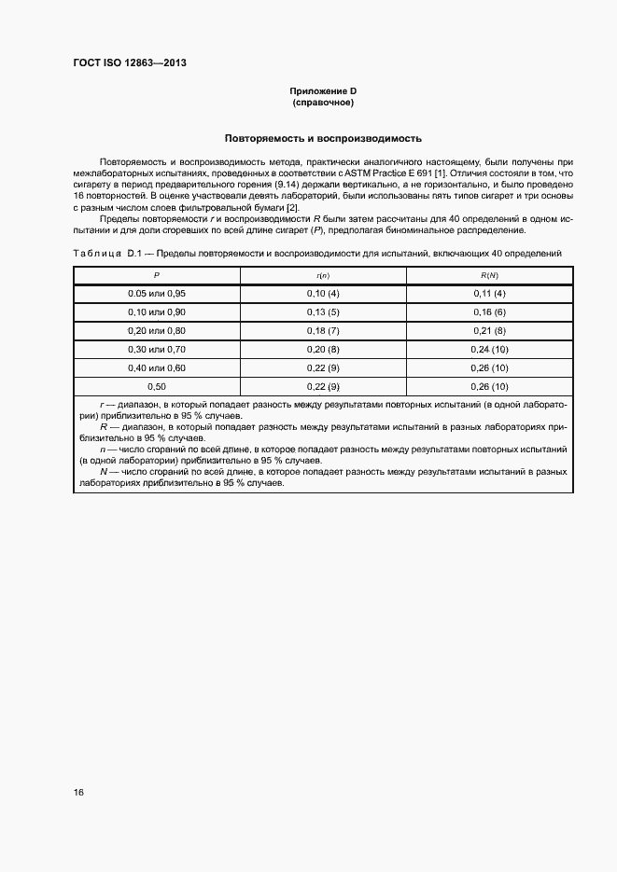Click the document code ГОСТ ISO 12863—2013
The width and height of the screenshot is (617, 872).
click(x=135, y=63)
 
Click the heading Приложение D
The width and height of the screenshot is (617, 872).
click(x=322, y=90)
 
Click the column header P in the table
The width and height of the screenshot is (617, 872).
click(x=156, y=275)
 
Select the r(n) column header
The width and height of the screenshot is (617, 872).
click(x=322, y=275)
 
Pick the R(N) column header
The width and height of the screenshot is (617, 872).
click(x=488, y=275)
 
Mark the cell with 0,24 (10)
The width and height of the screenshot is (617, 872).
click(x=488, y=349)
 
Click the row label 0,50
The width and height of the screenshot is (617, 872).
click(x=156, y=386)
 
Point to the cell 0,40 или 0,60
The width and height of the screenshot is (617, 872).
click(x=156, y=367)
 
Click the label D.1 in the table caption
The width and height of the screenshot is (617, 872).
click(x=125, y=254)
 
